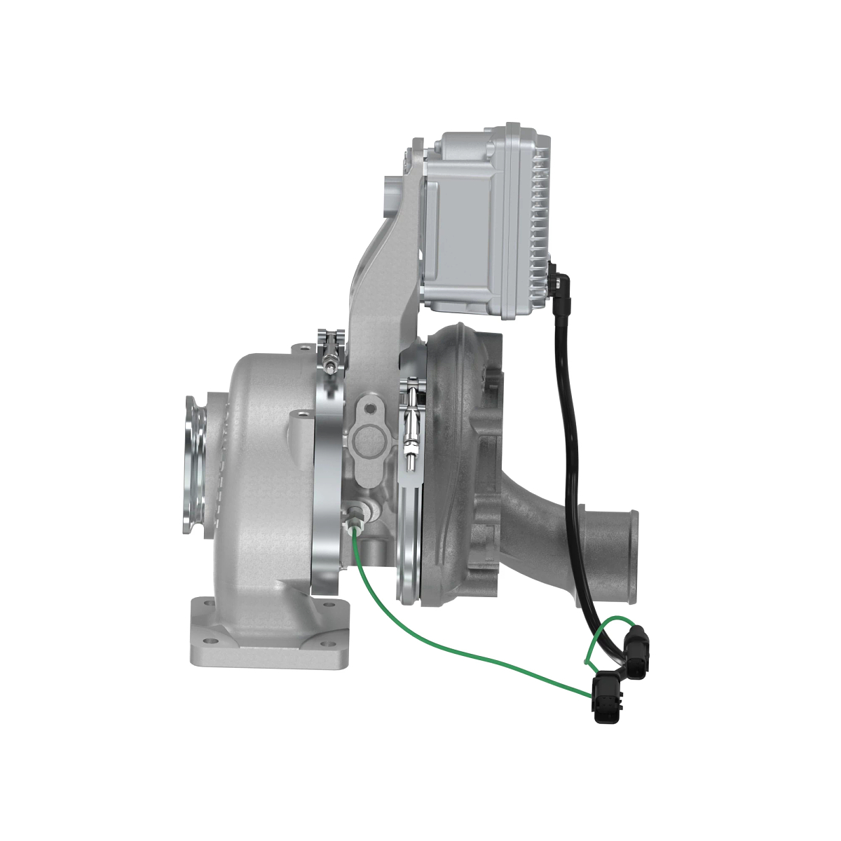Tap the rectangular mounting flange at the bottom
pos(269,641)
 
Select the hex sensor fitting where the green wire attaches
pos(355,517)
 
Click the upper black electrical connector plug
pos(638,652)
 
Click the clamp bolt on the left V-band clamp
pos(331,350)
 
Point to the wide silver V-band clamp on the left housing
pos(327,477)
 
